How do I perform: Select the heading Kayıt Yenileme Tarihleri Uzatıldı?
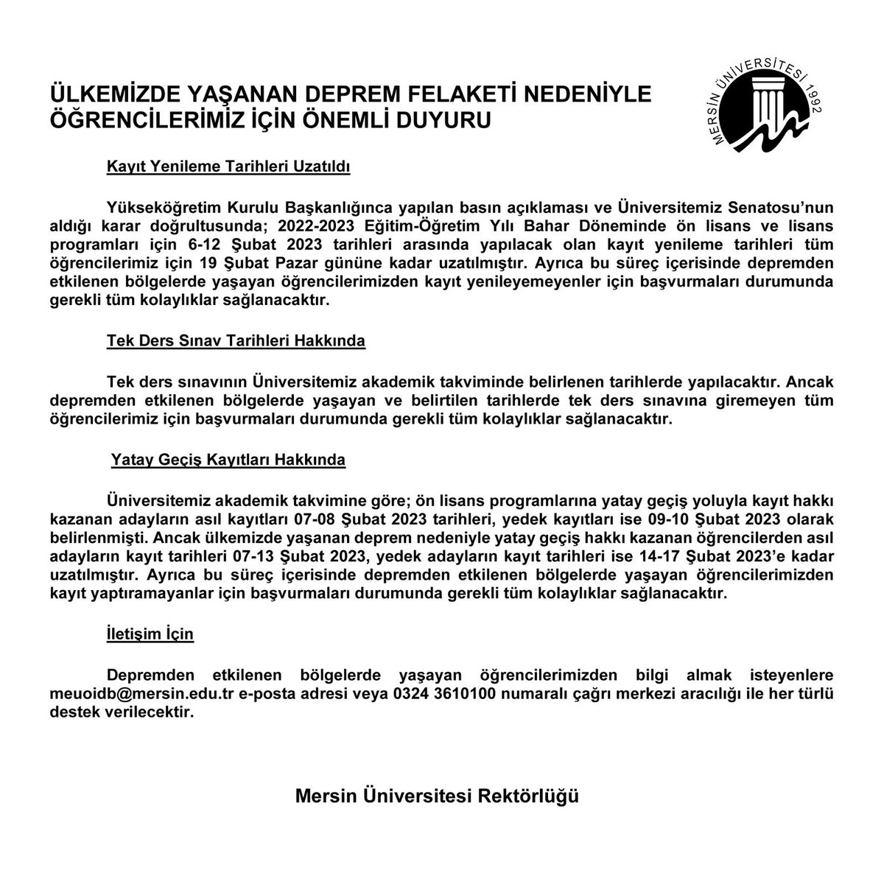[228, 167]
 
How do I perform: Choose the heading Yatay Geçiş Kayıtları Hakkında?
[228, 460]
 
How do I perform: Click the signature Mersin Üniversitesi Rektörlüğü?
[437, 796]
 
